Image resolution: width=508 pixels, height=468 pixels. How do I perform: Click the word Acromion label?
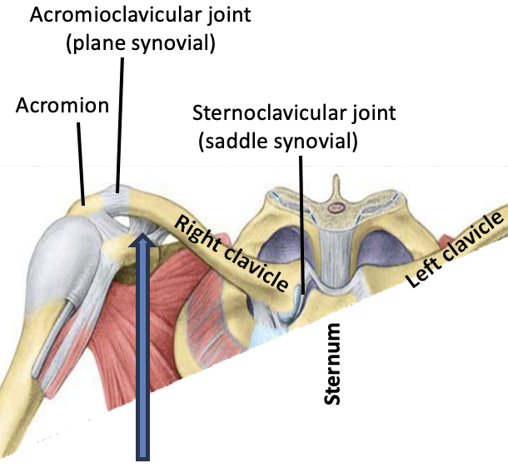[62, 106]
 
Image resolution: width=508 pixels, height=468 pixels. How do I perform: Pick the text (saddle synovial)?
[277, 142]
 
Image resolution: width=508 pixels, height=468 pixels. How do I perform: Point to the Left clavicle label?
[456, 249]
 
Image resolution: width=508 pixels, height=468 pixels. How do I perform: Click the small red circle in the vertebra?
[336, 207]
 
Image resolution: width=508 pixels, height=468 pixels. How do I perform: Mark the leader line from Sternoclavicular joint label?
[301, 225]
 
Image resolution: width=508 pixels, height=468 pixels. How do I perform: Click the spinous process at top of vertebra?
[336, 183]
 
